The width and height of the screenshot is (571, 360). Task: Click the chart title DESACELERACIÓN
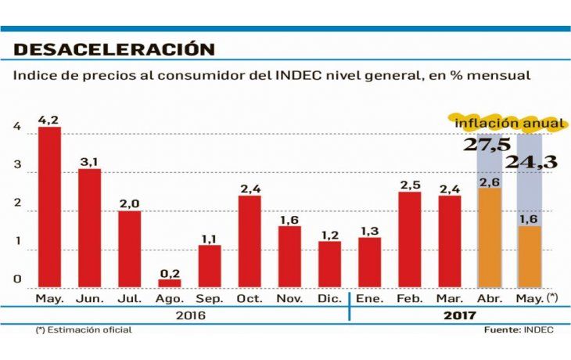[114, 49]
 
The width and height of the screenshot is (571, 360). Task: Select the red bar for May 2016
[49, 207]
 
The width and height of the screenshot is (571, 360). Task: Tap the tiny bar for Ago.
[170, 283]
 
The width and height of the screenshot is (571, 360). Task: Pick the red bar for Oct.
[250, 240]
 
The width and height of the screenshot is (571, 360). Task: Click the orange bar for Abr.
[490, 237]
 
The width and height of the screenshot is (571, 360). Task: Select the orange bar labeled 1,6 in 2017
[530, 256]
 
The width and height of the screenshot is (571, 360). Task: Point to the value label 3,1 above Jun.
[89, 161]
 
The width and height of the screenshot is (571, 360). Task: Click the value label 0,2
[170, 272]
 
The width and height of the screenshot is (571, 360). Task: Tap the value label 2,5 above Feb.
[410, 185]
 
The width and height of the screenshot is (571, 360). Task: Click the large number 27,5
[487, 145]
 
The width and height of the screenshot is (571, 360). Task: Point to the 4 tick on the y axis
[16, 128]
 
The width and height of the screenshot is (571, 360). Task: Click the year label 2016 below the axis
[190, 315]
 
